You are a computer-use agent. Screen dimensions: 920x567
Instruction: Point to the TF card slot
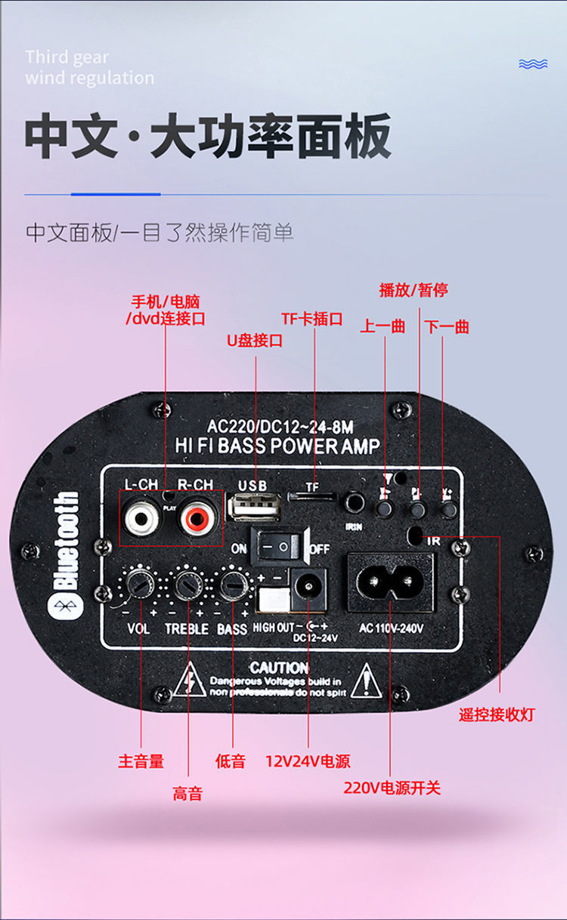312,497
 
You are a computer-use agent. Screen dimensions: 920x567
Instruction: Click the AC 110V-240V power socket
390,582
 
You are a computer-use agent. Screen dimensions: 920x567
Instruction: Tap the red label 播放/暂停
413,290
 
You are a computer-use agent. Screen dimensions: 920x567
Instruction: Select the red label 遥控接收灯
496,715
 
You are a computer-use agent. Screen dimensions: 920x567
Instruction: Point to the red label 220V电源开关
392,788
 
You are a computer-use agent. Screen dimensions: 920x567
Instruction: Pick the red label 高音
187,793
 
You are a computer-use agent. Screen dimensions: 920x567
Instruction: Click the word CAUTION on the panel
279,668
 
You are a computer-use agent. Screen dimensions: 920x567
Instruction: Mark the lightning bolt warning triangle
189,681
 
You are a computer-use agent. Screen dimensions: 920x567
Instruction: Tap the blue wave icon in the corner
533,64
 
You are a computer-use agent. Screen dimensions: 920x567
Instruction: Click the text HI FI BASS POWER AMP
277,446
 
